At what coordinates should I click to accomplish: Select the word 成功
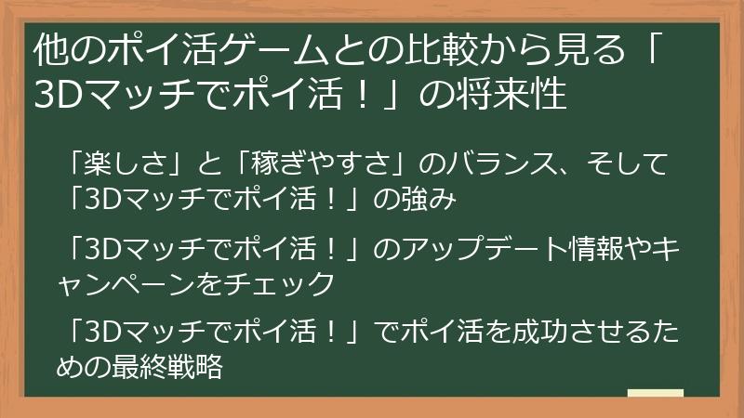click(x=539, y=332)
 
